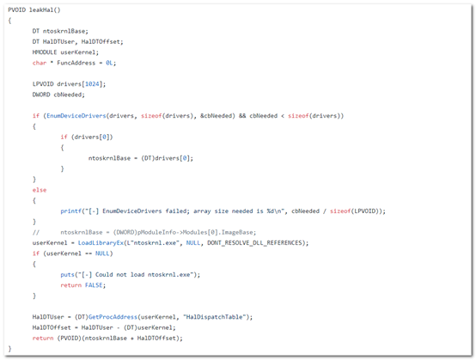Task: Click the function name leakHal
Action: [41, 9]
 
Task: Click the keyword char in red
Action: [40, 63]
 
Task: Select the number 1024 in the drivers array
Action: [92, 84]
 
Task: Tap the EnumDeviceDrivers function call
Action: [76, 116]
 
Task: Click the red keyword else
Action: [40, 190]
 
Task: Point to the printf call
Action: [71, 211]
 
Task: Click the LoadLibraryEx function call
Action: [101, 243]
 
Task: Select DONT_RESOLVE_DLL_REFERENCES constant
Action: [254, 243]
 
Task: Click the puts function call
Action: [67, 275]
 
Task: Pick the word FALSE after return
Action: [94, 285]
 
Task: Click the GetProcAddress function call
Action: [113, 317]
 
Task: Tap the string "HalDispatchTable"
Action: [214, 317]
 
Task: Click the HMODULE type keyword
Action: [45, 52]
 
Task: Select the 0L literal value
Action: [109, 63]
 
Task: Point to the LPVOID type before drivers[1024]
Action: [43, 84]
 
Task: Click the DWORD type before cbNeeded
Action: [41, 95]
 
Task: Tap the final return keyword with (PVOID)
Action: [43, 339]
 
